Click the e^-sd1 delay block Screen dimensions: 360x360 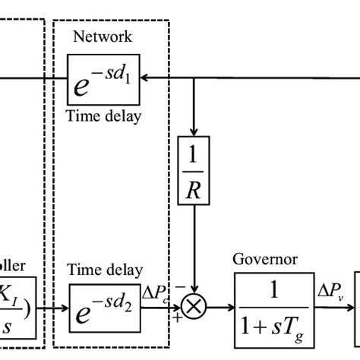(x=103, y=78)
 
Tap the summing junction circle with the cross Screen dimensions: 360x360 (x=196, y=308)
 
